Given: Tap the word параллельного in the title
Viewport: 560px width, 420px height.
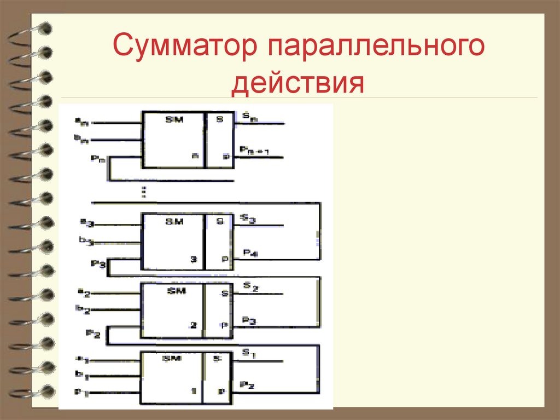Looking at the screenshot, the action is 376,47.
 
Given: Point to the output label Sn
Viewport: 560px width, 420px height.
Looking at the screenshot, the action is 247,117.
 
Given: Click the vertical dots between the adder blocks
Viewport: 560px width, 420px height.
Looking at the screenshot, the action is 143,192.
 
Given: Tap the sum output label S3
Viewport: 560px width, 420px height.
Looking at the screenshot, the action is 248,220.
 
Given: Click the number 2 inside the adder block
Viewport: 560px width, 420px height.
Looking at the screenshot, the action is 192,325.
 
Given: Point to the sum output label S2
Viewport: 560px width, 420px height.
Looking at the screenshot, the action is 249,286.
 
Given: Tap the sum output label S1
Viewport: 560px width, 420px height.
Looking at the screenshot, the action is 248,354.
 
